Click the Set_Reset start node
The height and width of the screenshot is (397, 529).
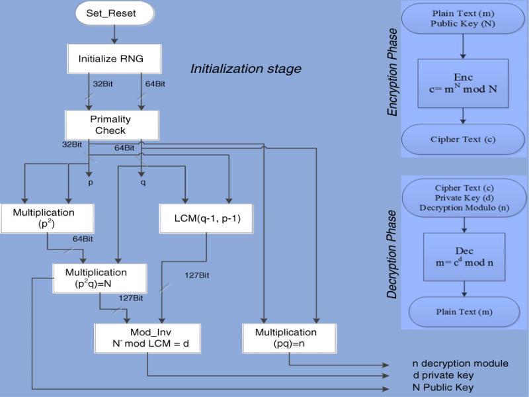click(x=115, y=13)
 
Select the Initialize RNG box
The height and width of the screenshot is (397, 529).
click(x=114, y=59)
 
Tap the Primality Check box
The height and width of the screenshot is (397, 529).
click(x=111, y=124)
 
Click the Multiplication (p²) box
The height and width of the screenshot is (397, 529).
click(x=48, y=218)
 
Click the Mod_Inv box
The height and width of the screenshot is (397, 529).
click(x=147, y=337)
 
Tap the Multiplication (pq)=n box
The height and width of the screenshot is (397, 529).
click(x=290, y=337)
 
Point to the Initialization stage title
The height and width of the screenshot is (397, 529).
click(x=245, y=69)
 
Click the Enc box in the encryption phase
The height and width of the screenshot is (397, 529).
click(x=463, y=82)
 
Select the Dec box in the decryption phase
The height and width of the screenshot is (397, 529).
click(x=464, y=256)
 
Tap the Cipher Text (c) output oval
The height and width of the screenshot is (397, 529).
click(x=463, y=140)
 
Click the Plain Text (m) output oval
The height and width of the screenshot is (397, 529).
click(x=464, y=312)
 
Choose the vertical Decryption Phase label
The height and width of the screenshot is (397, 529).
click(x=393, y=254)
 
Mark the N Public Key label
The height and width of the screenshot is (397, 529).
click(x=442, y=387)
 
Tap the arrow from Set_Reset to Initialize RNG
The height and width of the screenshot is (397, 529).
click(x=115, y=33)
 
